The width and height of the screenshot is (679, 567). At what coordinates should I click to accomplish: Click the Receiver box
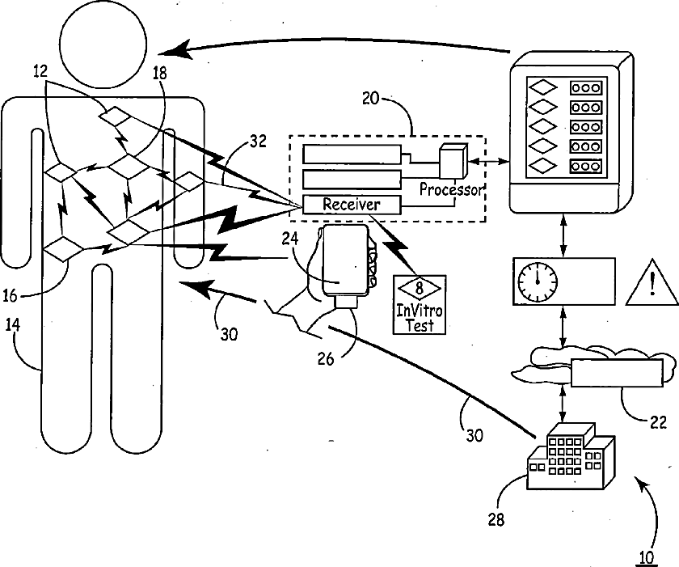352,205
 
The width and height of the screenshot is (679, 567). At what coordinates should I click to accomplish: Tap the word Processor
451,190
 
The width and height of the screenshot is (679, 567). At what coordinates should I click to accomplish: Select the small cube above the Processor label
453,161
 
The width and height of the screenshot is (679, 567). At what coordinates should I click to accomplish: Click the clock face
538,281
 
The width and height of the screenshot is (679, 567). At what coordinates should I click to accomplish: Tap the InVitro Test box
420,304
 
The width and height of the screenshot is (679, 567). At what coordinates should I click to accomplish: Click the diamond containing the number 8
420,288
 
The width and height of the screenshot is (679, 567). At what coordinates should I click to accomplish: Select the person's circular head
103,46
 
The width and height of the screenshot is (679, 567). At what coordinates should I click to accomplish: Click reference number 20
371,99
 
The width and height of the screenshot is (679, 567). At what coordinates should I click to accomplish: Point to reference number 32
258,142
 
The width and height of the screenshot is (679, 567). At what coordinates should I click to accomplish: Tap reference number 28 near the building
496,519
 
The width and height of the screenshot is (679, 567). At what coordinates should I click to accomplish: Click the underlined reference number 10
646,557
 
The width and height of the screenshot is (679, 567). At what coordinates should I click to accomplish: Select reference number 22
658,422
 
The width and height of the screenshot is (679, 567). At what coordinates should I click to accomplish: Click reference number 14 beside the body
13,325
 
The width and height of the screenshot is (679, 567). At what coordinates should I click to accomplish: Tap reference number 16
10,296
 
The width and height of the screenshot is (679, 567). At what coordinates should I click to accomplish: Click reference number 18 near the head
159,74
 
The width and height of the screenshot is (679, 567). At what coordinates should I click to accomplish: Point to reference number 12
40,71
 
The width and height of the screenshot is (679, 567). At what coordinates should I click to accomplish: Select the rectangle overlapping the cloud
617,373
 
